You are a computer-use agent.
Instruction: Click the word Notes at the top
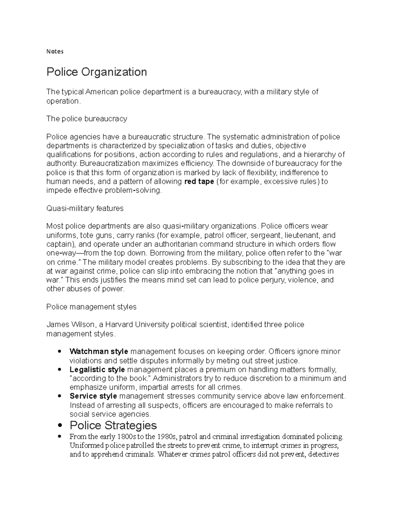click(55, 51)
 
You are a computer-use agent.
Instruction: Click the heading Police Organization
click(96, 72)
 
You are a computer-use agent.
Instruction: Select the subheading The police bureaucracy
click(87, 119)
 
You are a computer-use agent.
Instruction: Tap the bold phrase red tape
click(199, 182)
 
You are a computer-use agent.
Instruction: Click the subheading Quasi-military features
click(85, 208)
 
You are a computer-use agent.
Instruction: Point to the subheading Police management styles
click(91, 307)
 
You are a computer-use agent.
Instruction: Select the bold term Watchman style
click(99, 351)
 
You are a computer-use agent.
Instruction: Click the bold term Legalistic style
click(97, 370)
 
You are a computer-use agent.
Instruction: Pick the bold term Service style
click(93, 396)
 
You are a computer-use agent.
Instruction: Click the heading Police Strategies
click(113, 425)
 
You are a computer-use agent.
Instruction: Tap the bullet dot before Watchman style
click(60, 351)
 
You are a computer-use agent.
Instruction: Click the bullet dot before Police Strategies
click(60, 426)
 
